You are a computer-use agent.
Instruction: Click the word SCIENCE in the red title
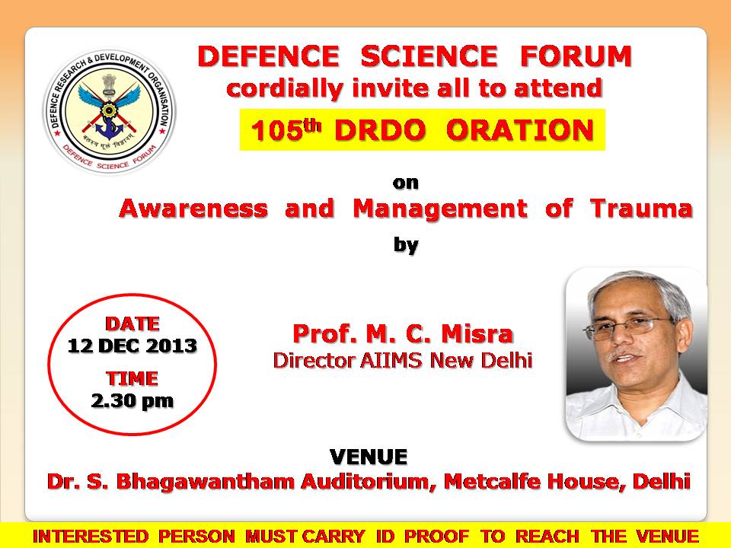(x=429, y=56)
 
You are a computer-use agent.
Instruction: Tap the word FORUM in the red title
(x=576, y=56)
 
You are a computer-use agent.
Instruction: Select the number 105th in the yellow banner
(x=286, y=129)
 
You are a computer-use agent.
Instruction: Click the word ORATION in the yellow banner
(x=520, y=130)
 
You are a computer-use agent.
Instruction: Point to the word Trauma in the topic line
(x=641, y=209)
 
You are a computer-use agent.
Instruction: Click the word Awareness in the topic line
(x=193, y=209)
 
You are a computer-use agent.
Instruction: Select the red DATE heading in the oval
(x=132, y=324)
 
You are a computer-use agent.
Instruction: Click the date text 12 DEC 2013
(x=132, y=346)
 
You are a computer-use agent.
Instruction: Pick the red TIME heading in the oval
(x=132, y=378)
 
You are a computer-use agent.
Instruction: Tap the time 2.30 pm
(x=132, y=401)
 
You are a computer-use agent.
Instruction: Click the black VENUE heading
(x=369, y=457)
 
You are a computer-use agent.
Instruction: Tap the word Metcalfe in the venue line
(x=493, y=481)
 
